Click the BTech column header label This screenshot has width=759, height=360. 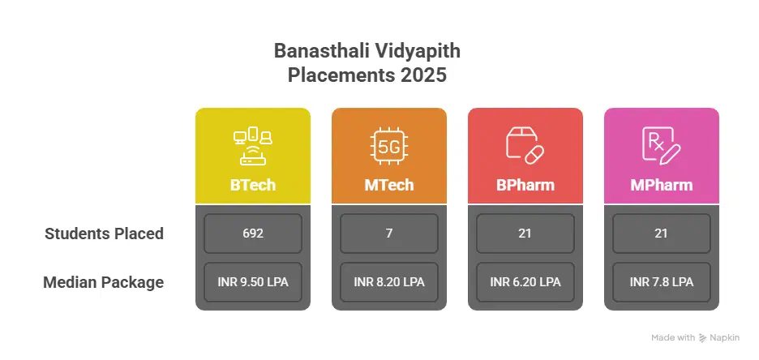coord(252,185)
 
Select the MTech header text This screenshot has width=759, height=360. coord(388,185)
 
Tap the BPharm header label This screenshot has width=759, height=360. coord(525,185)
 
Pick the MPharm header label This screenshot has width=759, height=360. coord(661,185)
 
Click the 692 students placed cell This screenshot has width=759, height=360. coord(252,234)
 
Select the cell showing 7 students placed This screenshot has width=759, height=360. coord(388,234)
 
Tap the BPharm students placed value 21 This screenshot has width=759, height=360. coord(525,234)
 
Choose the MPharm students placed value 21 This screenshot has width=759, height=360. coord(661,234)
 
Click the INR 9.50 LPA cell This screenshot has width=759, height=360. coord(252,282)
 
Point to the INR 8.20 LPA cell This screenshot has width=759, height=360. coord(388,282)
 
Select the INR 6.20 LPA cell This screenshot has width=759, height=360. coord(525,282)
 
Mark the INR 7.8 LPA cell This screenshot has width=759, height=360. coord(661,282)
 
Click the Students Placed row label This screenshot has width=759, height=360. coord(104,234)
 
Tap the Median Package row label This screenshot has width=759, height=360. coord(104,283)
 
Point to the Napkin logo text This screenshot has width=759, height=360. coord(723,337)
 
